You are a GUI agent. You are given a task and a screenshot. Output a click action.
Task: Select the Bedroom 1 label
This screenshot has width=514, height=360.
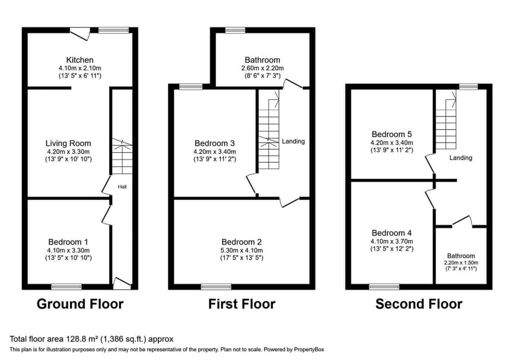tap(68, 241)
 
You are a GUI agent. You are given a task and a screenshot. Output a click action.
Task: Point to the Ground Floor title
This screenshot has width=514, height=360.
tap(80, 304)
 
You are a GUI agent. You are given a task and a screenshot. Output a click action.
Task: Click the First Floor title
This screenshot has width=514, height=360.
tap(242, 304)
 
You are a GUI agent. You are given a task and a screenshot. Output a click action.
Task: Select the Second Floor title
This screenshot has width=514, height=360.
tap(418, 304)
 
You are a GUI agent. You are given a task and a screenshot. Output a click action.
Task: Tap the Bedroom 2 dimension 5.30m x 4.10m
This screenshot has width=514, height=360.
tap(242, 251)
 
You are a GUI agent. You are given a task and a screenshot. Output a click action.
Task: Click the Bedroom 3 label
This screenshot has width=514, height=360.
tap(215, 143)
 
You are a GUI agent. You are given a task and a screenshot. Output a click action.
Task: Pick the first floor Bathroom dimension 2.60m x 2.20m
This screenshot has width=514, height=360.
tap(263, 68)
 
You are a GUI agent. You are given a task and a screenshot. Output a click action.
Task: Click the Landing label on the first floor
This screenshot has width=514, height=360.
tap(293, 142)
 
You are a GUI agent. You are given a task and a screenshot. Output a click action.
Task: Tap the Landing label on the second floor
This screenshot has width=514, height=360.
tap(461, 158)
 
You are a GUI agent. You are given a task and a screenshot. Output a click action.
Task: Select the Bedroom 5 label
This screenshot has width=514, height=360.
tap(392, 133)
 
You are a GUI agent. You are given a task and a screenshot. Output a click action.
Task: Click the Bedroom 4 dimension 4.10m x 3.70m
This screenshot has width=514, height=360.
tap(392, 241)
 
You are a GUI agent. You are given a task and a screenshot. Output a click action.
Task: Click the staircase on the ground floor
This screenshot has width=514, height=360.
tap(122, 156)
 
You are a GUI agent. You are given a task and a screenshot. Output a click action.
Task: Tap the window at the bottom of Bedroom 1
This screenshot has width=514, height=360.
tap(66, 287)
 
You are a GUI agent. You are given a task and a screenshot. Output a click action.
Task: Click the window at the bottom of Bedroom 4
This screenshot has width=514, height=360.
tap(384, 287)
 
